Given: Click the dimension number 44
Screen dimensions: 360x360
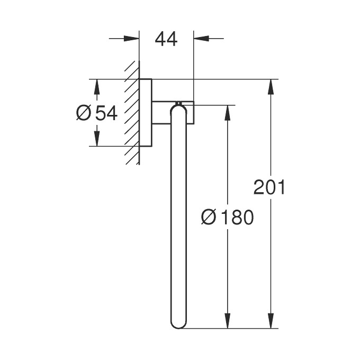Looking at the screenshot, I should point(166,39).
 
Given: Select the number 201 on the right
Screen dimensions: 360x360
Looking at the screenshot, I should point(269,187).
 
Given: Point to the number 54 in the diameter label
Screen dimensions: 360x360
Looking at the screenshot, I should point(106,113).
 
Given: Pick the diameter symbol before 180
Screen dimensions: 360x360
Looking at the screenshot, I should point(209,217).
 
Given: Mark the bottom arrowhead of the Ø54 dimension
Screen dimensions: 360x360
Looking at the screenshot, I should point(96,139).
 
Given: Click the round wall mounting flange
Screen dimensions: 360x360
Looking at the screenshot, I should point(146,113).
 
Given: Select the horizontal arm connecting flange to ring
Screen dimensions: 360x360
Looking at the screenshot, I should point(164,113).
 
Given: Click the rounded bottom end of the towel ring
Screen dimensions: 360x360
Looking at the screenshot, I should point(178,324).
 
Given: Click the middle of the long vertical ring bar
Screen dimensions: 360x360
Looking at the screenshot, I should point(178,217).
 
